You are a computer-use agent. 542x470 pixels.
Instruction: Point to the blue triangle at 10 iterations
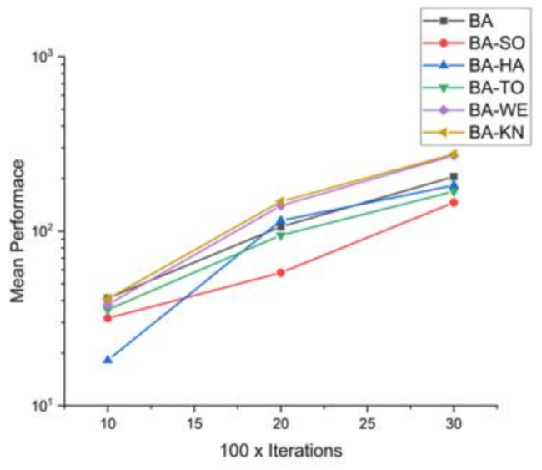pos(108,359)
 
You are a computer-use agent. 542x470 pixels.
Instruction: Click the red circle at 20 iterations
pos(280,272)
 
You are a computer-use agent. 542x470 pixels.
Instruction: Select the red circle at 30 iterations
pos(454,202)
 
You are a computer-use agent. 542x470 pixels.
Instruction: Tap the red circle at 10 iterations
pos(108,318)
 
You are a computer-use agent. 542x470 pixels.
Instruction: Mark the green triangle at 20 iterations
pos(280,235)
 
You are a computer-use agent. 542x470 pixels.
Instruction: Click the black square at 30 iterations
pos(454,176)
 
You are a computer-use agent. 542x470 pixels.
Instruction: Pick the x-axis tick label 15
pos(193,423)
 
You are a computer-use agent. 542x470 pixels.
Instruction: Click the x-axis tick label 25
pos(367,423)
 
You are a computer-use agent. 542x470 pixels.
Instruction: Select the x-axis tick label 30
pos(454,423)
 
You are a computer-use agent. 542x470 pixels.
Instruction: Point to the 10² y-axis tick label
pos(45,230)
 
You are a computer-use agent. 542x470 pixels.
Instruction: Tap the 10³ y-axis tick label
pos(45,56)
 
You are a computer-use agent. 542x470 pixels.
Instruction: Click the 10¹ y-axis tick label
pos(45,405)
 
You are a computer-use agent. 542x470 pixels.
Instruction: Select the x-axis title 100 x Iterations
pos(281,451)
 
